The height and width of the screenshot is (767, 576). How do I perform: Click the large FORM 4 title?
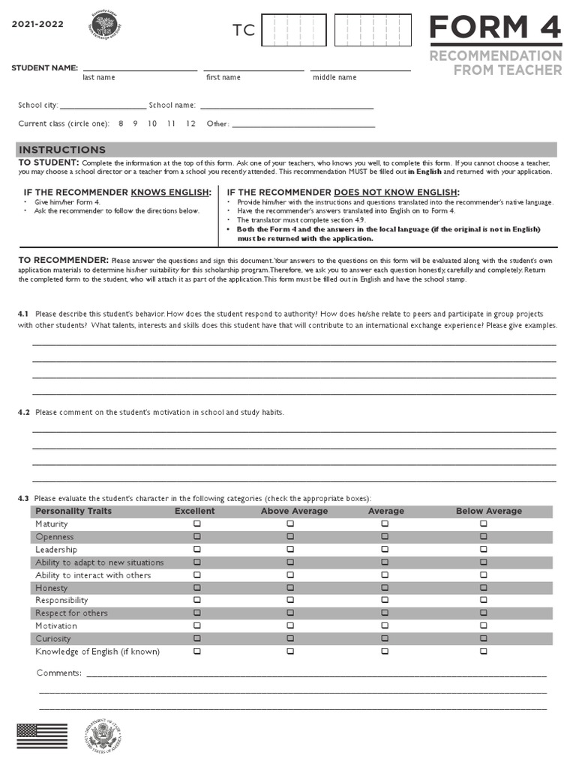(495, 28)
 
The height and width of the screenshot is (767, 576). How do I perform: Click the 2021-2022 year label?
(37, 24)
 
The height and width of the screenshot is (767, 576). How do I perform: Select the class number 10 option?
(152, 124)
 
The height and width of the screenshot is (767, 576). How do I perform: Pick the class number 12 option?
(190, 124)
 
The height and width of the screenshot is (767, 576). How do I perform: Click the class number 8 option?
(121, 124)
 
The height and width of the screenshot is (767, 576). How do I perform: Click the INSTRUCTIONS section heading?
(62, 150)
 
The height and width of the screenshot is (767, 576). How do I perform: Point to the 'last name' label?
(99, 78)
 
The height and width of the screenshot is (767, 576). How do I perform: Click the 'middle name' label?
(334, 78)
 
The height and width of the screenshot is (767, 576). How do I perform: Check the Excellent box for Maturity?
(197, 524)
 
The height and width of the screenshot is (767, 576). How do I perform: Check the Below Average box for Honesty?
(484, 588)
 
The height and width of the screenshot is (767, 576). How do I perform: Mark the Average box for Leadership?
(385, 550)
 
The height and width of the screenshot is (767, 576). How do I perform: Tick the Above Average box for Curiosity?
(290, 639)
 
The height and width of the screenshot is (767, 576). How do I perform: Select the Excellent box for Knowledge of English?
(197, 652)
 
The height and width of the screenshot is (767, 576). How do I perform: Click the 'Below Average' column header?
(489, 511)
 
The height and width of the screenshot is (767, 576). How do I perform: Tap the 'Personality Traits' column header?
(73, 511)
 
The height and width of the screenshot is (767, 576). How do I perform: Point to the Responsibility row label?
(61, 600)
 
